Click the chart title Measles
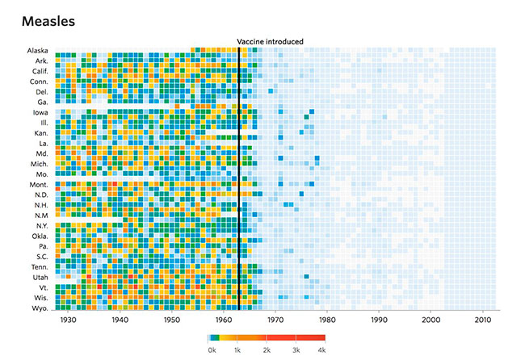coord(48,22)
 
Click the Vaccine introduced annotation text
coord(270,41)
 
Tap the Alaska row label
coord(37,51)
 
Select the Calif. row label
coord(39,71)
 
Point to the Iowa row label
coord(40,112)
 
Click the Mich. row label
coord(39,164)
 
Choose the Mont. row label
coord(38,185)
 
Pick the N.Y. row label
coord(40,226)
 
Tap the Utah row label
coord(40,277)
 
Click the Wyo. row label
coord(40,308)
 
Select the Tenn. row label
coord(39,266)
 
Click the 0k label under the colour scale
coord(211,351)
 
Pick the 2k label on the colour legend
coord(267,351)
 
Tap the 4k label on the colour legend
coord(321,351)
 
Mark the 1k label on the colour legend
coord(239,351)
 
